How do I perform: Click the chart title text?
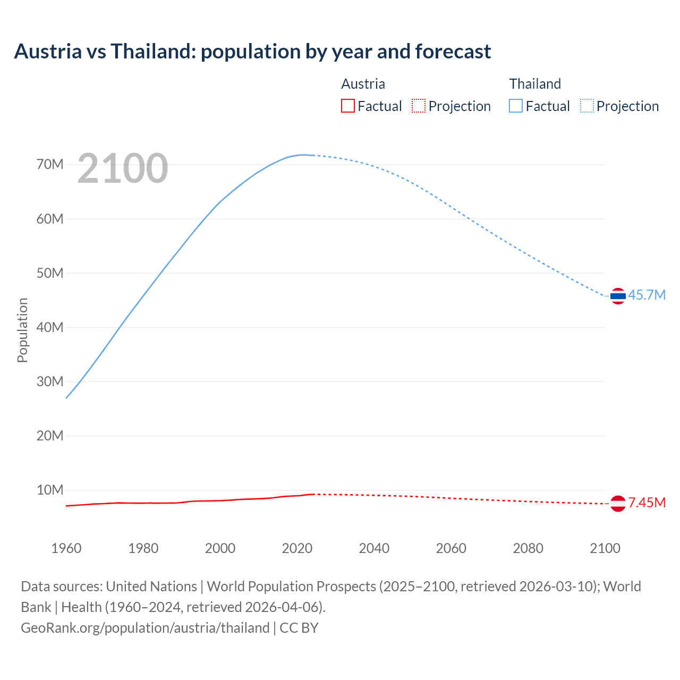pos(252,52)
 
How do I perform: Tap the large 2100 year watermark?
pos(123,168)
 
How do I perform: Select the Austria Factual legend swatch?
pos(348,106)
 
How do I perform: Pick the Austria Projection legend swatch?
pos(419,106)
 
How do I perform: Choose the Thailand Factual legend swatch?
pos(516,106)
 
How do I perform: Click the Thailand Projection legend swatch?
pos(587,106)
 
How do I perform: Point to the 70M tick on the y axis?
pos(50,165)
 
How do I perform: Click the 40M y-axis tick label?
pos(50,327)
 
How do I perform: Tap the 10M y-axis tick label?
pos(50,490)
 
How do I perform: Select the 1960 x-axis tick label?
pos(66,548)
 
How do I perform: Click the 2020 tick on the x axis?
pos(297,548)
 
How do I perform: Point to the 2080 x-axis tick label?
pos(528,548)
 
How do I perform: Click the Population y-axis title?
pos(22,330)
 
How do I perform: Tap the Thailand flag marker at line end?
pos(618,296)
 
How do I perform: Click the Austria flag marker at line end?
pos(618,503)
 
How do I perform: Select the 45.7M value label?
pos(647,295)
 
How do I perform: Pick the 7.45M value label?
pos(647,503)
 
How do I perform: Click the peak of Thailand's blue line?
pos(303,155)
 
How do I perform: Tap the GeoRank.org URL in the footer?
pos(145,628)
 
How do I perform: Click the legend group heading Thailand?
pos(535,84)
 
